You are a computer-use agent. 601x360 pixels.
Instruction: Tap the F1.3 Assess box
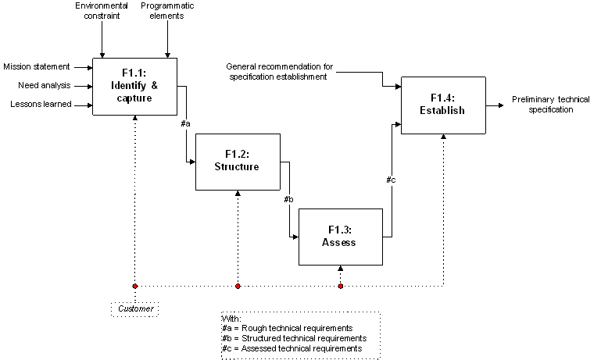click(339, 237)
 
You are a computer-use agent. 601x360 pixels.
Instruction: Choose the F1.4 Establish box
click(447, 105)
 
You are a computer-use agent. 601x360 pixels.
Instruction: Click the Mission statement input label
click(37, 66)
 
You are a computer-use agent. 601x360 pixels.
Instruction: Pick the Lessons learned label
click(41, 104)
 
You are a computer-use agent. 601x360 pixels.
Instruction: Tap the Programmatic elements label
click(167, 11)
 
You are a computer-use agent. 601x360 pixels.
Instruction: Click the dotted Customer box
click(134, 309)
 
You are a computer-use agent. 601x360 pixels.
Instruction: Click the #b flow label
click(288, 200)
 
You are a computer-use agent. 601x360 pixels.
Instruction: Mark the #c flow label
click(391, 180)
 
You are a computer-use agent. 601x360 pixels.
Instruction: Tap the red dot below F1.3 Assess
click(340, 286)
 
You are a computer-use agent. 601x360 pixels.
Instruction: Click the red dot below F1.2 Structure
click(238, 286)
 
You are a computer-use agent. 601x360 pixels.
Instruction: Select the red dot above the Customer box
click(134, 286)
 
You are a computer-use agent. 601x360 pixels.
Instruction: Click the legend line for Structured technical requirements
click(294, 338)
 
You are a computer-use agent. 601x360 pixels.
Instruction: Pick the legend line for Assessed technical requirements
click(292, 348)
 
